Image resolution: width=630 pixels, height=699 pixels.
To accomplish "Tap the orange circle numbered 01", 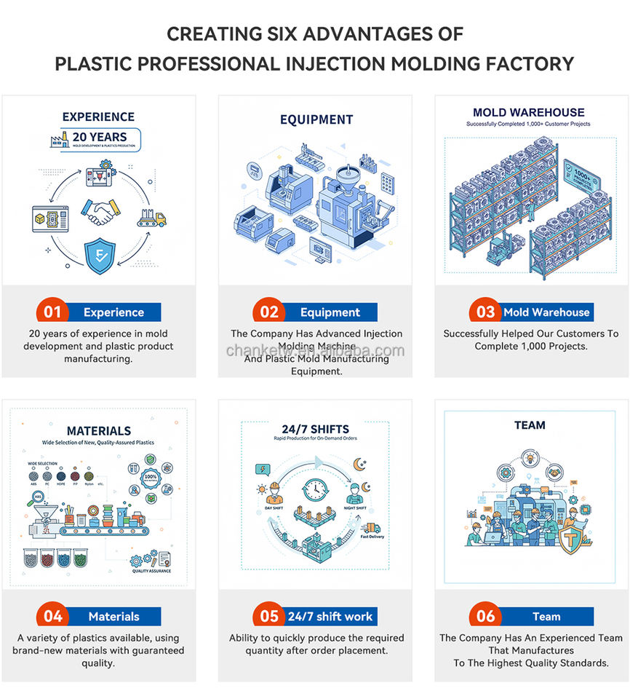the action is (x=52, y=312).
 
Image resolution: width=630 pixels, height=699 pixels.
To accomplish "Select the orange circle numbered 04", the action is (x=52, y=617).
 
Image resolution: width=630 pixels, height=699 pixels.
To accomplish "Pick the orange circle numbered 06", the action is (x=485, y=617).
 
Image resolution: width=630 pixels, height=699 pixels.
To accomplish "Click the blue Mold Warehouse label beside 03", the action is (x=546, y=312).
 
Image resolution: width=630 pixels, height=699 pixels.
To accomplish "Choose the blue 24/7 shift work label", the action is (x=330, y=617).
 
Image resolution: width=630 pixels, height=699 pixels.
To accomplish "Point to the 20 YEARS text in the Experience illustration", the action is (x=99, y=136).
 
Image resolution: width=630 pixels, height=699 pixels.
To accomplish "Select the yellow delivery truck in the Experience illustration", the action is (x=153, y=217).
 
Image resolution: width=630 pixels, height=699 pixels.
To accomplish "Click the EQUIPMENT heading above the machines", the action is (x=316, y=119).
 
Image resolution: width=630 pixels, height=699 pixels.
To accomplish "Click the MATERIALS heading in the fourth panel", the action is (x=99, y=431).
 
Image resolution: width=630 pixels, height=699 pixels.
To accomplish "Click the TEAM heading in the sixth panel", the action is (x=529, y=425).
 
